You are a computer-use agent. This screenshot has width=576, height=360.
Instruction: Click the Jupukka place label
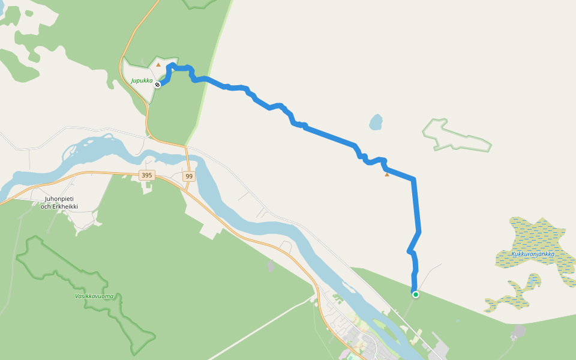click(142, 80)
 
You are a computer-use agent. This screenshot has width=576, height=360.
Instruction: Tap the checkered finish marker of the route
click(157, 85)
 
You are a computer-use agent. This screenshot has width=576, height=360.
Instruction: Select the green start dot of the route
click(415, 295)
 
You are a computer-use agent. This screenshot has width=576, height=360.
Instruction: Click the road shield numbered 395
click(146, 175)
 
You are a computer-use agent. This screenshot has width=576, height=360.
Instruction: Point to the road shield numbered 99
click(189, 176)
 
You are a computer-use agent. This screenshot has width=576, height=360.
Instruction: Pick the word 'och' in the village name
click(46, 206)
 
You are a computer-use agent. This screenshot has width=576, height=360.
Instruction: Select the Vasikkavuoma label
click(94, 296)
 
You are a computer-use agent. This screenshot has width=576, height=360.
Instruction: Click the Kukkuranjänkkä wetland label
click(533, 254)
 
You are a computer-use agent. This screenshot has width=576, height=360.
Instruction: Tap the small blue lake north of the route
click(376, 122)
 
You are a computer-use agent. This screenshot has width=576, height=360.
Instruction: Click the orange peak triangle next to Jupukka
click(158, 65)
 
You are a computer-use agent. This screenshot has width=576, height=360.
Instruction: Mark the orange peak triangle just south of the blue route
click(387, 175)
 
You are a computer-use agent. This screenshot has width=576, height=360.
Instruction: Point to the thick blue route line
click(330, 136)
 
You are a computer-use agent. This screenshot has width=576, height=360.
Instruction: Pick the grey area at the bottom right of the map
click(518, 332)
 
